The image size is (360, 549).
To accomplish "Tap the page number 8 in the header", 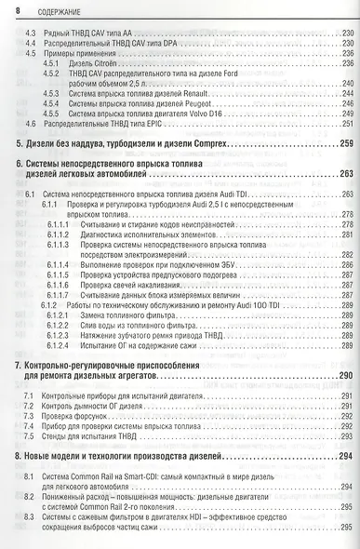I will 20,10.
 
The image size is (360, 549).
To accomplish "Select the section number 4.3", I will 30,34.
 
